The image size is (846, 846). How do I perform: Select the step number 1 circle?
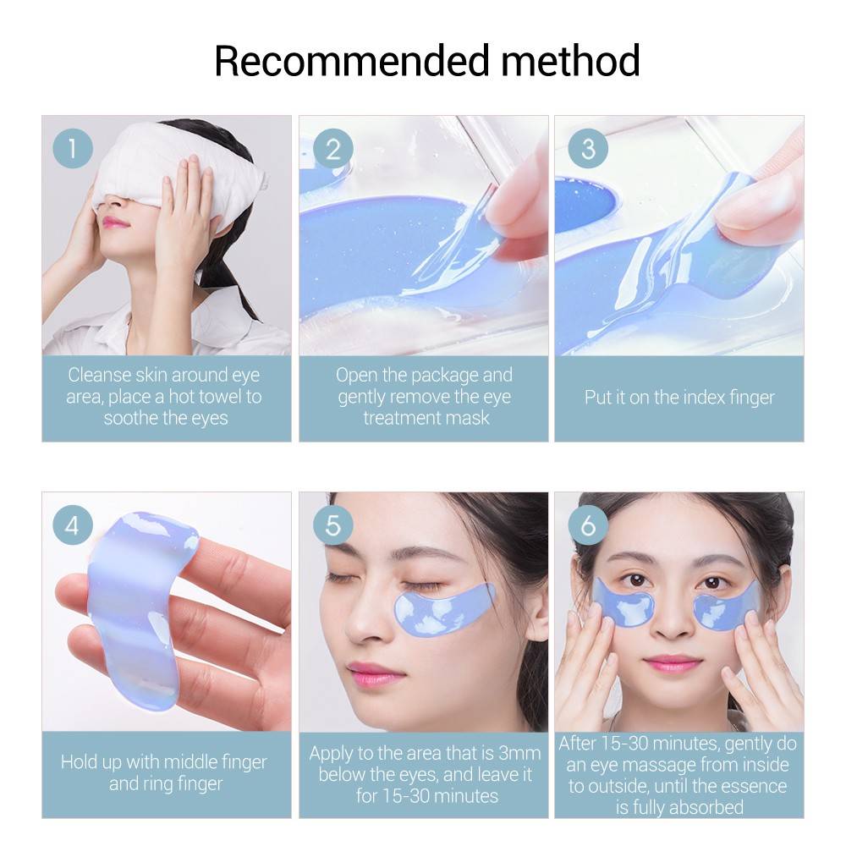73,150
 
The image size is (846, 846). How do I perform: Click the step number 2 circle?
332,150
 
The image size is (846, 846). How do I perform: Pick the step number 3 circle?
588,150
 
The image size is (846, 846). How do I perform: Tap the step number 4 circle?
73,525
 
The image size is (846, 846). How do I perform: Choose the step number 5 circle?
332,525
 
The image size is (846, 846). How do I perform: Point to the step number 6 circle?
588,525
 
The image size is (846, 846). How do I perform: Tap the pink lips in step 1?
116,222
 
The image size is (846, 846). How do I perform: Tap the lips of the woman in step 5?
375,673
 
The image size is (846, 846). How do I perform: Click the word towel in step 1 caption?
238,397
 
